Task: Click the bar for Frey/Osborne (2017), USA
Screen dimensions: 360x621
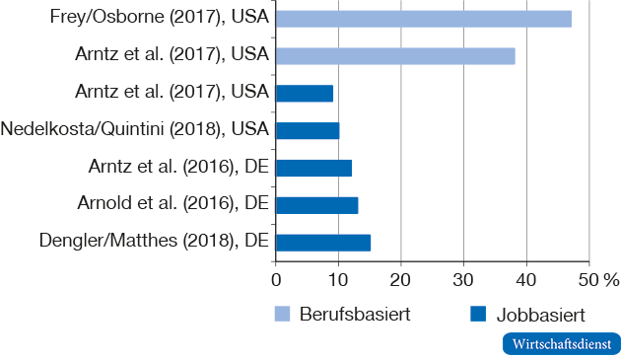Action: [424, 19]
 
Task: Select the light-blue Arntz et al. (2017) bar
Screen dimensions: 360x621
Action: [395, 56]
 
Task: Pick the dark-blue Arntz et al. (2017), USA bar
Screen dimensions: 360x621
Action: [305, 93]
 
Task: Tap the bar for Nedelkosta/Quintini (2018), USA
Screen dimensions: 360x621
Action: [308, 130]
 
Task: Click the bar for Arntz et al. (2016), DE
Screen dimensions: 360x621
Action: [313, 168]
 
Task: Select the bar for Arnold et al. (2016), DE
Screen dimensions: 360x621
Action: [316, 204]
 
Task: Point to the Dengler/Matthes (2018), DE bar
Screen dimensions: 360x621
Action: [323, 242]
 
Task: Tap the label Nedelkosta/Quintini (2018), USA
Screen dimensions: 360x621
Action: [135, 129]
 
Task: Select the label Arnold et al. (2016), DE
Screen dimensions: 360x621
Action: [173, 204]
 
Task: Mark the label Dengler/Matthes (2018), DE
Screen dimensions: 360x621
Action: [155, 241]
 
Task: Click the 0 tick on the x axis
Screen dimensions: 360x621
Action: [276, 279]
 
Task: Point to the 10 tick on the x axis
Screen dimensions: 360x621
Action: [338, 279]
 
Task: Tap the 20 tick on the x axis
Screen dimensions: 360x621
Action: [401, 279]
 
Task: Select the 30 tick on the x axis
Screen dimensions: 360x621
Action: [463, 279]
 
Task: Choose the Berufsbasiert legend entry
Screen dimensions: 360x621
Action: [342, 315]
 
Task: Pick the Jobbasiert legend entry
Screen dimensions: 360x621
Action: [528, 315]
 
